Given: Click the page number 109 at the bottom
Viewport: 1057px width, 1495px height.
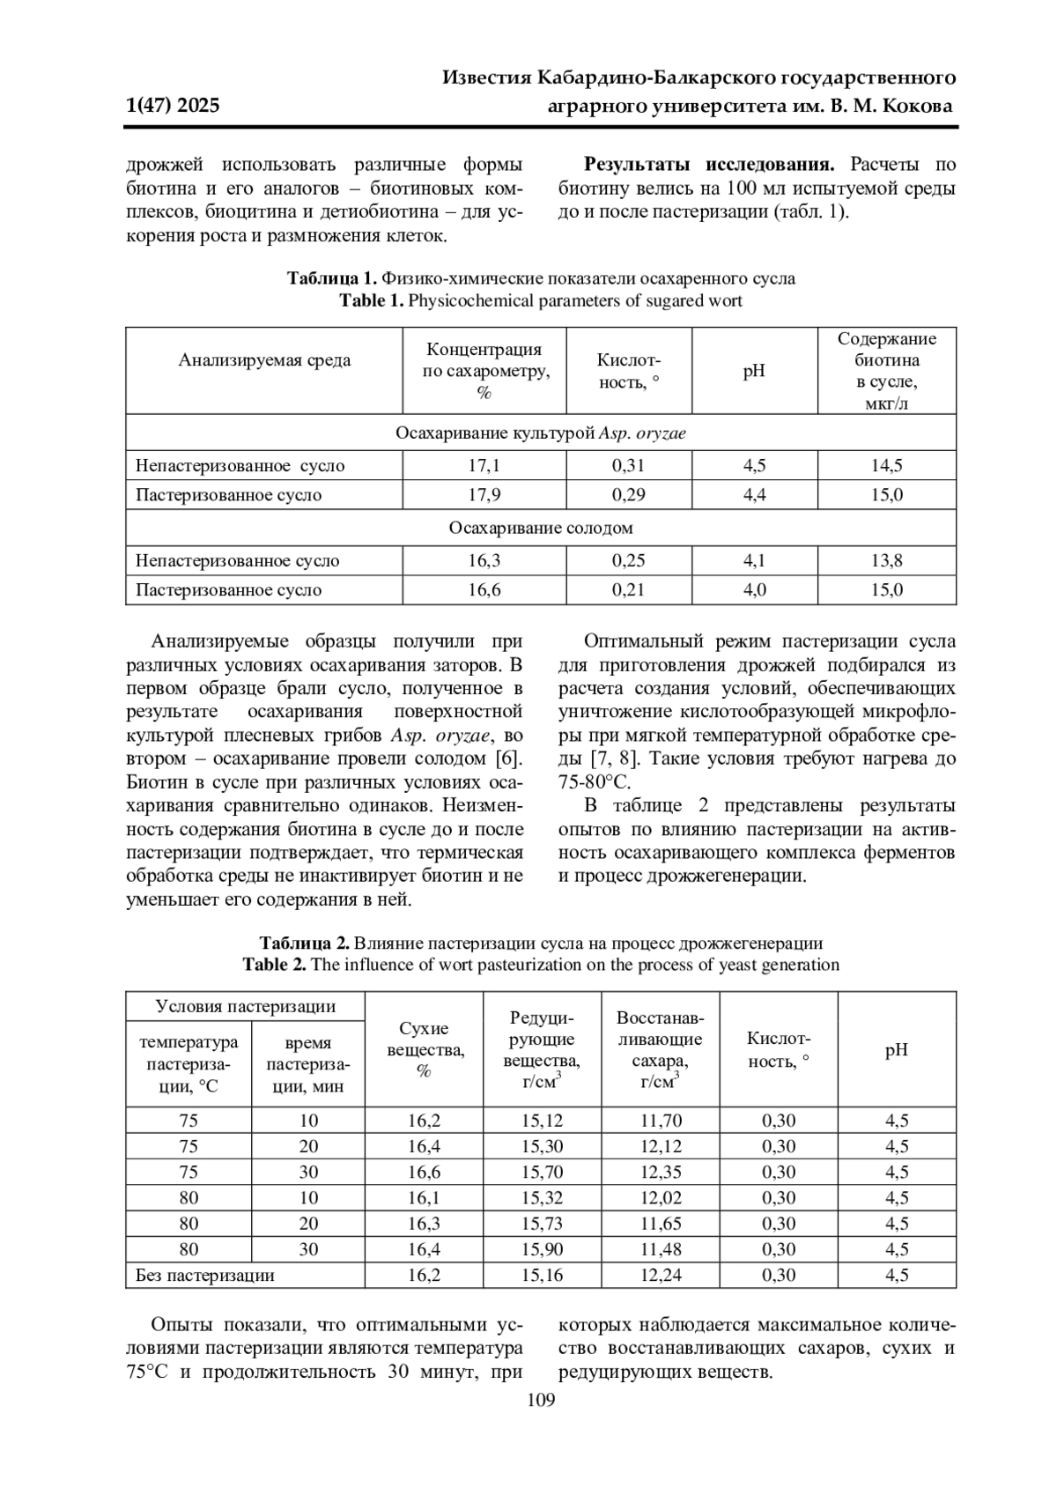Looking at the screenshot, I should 541,1401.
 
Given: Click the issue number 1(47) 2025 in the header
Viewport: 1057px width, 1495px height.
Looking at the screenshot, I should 173,107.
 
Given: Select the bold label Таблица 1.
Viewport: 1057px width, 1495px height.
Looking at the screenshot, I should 332,278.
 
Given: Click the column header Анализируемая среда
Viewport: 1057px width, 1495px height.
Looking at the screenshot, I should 264,360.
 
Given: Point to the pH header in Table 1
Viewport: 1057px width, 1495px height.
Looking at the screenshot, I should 754,370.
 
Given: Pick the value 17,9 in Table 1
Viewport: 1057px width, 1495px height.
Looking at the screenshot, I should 484,494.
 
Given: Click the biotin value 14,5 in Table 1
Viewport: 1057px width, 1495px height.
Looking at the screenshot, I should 886,465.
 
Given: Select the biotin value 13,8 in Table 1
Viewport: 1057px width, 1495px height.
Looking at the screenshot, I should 886,560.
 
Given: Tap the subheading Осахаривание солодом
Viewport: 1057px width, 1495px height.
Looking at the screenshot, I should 540,528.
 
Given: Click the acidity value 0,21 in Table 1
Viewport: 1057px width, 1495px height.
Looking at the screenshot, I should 628,589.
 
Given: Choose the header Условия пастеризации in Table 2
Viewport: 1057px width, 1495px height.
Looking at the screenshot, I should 245,1006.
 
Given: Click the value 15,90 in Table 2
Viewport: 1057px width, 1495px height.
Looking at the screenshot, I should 542,1249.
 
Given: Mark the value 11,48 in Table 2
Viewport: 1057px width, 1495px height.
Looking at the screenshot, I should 660,1249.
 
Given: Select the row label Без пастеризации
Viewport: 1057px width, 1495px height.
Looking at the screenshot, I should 204,1275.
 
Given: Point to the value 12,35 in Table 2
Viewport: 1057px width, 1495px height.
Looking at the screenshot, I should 660,1172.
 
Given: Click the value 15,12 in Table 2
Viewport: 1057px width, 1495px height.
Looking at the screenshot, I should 542,1121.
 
